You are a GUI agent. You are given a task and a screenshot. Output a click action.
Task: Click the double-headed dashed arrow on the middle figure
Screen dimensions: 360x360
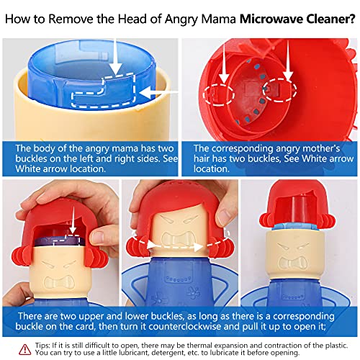coord(179,243)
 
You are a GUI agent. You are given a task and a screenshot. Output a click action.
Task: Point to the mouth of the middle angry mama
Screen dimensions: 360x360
coord(180,257)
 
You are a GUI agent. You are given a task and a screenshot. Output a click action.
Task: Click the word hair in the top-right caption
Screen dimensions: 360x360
coord(206,158)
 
